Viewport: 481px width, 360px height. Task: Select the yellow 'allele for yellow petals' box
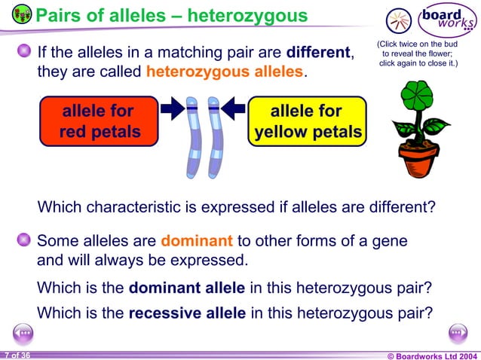307,122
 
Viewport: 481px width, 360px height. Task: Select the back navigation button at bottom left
23,331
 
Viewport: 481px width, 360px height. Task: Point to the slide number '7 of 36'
17,355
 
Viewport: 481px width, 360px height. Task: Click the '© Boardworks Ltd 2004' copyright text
431,355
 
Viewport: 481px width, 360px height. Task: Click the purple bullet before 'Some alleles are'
24,241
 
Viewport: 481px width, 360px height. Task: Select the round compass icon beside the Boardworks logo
398,20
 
